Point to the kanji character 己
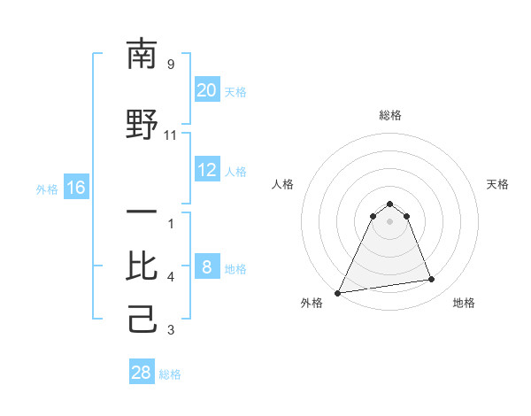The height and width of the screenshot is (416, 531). coord(142,320)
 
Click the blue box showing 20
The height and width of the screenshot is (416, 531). coord(206,90)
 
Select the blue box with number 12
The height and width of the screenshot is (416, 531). coord(206,170)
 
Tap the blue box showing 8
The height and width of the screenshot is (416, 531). coord(206,267)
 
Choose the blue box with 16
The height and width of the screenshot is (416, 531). coord(75,188)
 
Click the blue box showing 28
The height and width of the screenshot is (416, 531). coord(142,373)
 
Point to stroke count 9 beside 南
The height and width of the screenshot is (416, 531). coord(171,65)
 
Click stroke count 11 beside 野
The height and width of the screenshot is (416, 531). coord(171,135)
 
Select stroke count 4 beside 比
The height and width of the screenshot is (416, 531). coord(171,277)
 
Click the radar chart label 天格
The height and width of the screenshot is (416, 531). coord(498,184)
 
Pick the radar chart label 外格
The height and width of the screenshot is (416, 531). coord(312,303)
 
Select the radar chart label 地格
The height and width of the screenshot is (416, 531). coord(464,303)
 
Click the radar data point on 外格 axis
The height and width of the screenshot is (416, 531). coord(338,292)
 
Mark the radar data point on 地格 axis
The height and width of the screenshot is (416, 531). coord(432,280)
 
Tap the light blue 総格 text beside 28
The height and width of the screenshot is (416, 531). coord(170,374)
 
